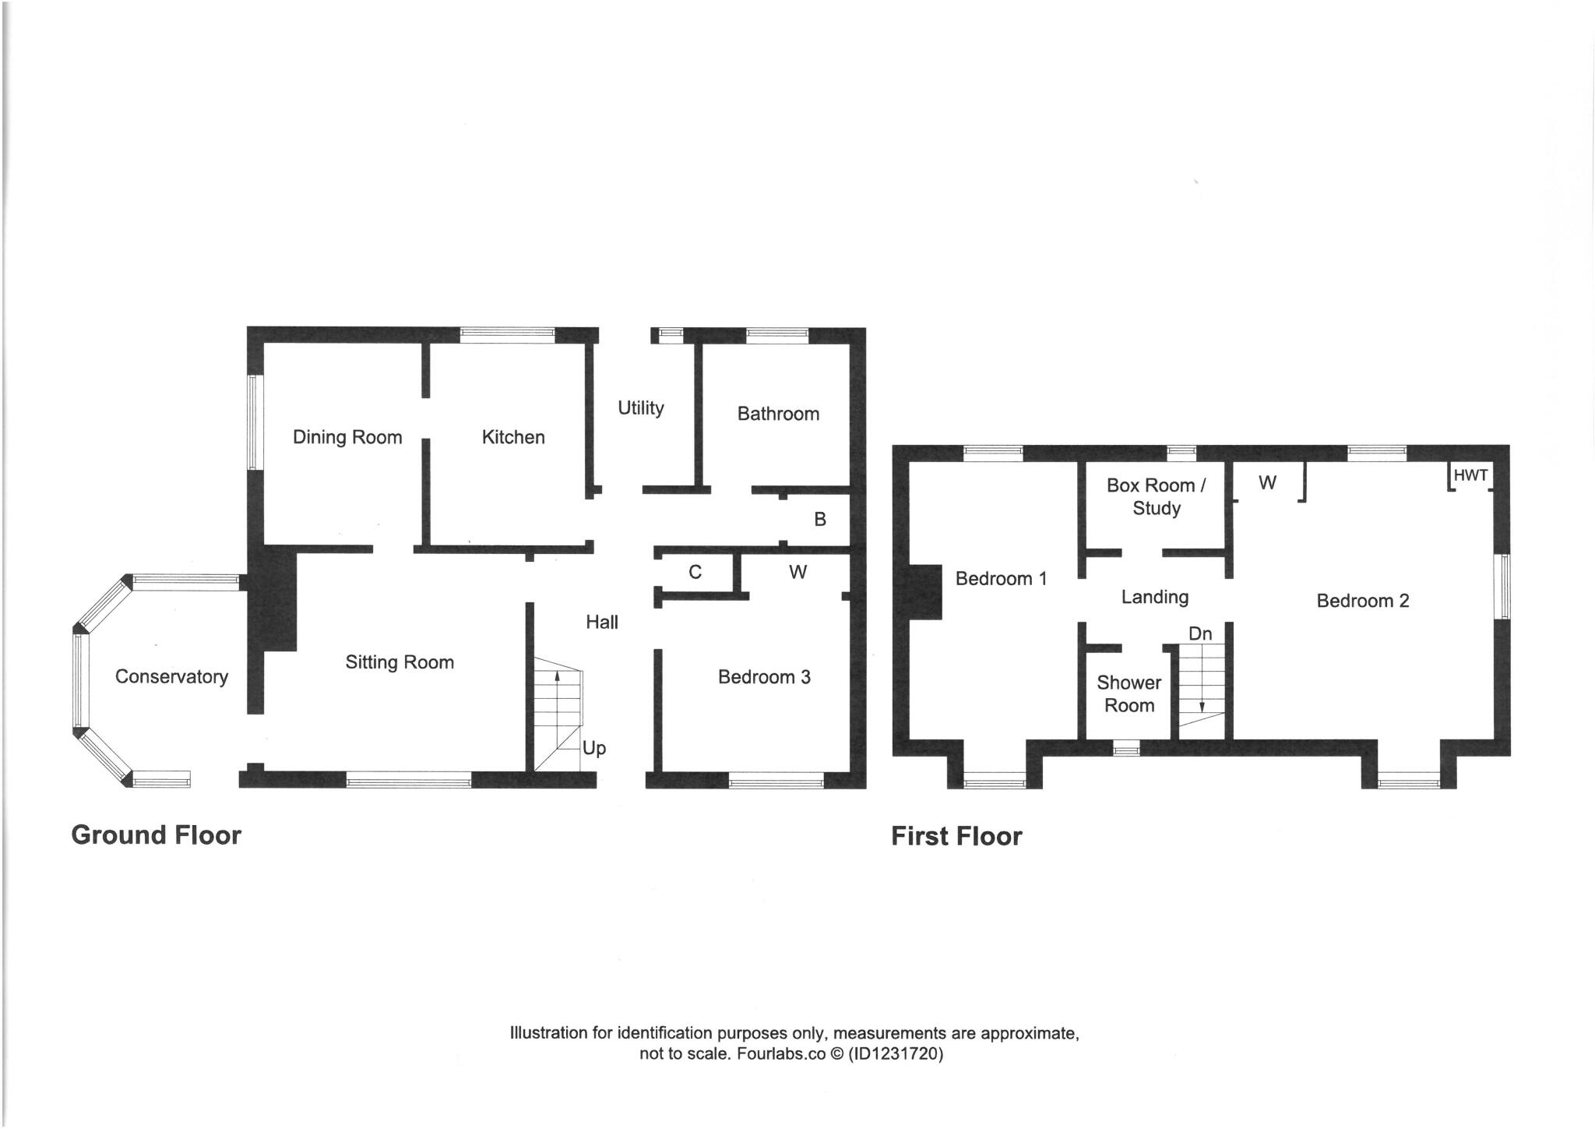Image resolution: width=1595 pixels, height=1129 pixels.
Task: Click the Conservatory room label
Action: click(171, 676)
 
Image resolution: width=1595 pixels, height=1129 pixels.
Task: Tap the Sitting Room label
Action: click(400, 662)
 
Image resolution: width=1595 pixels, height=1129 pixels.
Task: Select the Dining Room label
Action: click(347, 437)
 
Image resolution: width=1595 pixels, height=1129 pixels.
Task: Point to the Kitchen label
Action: click(513, 437)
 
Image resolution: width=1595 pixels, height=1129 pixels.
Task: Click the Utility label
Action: click(641, 407)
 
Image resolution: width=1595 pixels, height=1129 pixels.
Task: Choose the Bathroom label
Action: click(778, 414)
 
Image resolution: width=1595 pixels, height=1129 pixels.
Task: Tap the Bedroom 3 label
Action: click(764, 677)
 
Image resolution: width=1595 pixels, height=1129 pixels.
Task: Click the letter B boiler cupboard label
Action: click(820, 519)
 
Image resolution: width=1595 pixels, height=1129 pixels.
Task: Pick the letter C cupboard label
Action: click(695, 573)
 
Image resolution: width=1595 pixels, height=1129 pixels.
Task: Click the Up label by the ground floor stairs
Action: click(594, 749)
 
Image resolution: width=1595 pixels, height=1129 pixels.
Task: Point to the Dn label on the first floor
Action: click(1200, 634)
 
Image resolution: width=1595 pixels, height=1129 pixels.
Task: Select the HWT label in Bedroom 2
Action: click(1470, 475)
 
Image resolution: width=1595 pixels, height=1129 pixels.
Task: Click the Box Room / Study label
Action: click(1156, 496)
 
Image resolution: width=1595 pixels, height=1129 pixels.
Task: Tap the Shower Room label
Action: click(1128, 693)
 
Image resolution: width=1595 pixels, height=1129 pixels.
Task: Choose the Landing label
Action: click(1154, 597)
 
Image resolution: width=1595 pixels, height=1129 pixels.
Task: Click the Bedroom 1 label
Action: click(1001, 579)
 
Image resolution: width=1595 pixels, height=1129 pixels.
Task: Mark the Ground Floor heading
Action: click(156, 835)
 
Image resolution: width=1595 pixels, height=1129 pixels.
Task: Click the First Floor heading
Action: click(956, 837)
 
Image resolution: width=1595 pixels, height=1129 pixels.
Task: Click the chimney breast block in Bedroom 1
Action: click(925, 592)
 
